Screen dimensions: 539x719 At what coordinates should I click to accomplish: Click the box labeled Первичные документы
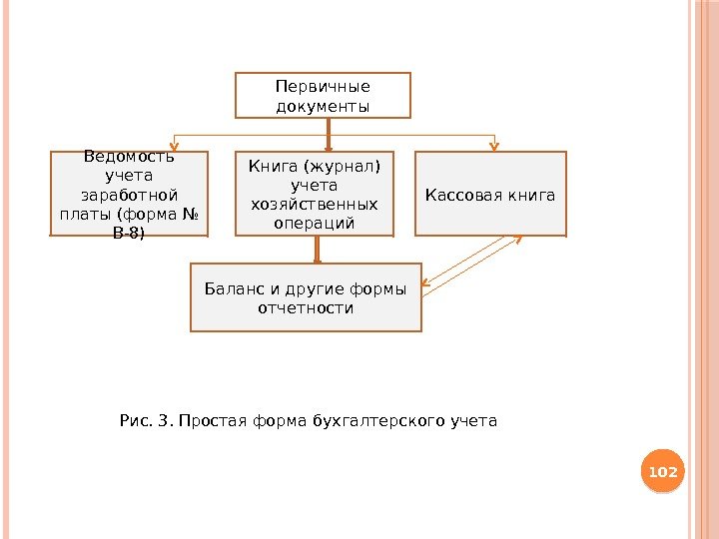coord(323,95)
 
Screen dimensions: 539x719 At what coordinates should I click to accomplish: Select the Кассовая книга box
coord(490,193)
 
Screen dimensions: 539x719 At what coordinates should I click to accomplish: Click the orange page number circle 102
coord(663,471)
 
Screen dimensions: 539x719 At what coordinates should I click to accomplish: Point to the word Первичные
coord(323,86)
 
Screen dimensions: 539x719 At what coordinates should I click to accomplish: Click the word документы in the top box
coord(323,105)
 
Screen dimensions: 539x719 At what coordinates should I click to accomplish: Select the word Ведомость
coord(130,156)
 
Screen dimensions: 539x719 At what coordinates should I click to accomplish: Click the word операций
coord(315,223)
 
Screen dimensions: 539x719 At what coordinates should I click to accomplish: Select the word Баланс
coord(228,289)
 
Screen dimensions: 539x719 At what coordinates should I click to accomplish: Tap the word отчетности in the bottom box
coord(306,308)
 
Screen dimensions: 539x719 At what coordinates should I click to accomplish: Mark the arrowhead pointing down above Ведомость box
coord(176,147)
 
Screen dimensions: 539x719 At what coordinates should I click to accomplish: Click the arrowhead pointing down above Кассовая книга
coord(494,147)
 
